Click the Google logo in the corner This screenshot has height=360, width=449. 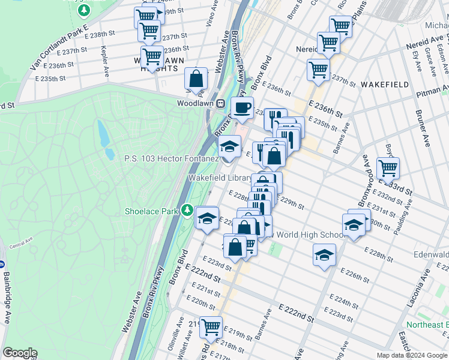tap(20, 353)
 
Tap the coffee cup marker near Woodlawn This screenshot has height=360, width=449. tap(242, 108)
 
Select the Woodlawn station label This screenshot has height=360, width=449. tap(196, 103)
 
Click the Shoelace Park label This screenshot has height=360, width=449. tap(152, 211)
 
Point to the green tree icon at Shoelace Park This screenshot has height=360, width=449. tap(188, 211)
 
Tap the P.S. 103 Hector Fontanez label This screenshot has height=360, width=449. tap(171, 158)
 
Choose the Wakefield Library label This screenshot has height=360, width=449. tap(220, 178)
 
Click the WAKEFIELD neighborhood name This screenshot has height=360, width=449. tap(384, 85)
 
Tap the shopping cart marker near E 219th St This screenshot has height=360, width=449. tap(211, 328)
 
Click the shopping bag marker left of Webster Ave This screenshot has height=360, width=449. tap(196, 79)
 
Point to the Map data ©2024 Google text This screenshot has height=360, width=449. tap(411, 355)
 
